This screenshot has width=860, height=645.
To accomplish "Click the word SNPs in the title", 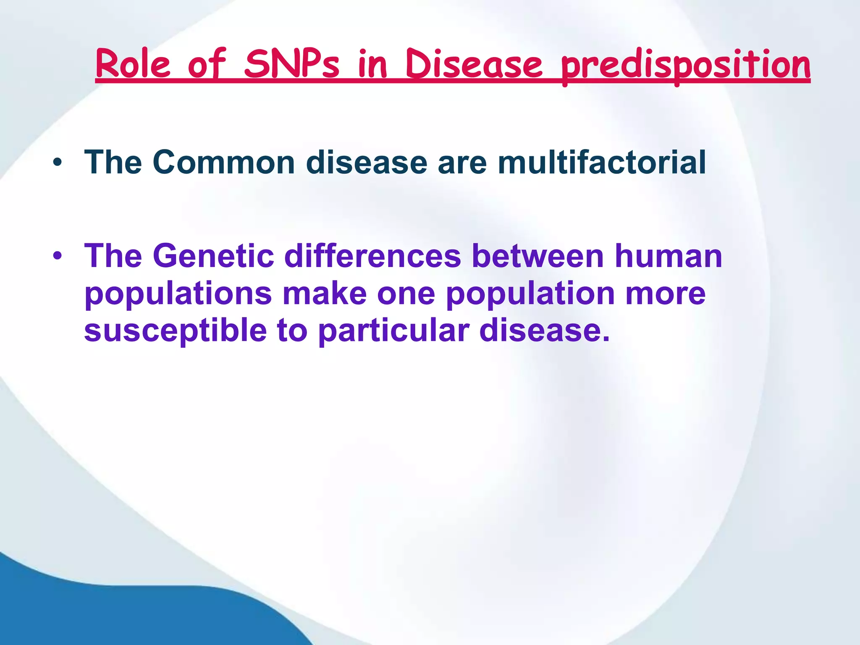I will pos(291,65).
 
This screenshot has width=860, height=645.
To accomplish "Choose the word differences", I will pos(373,256).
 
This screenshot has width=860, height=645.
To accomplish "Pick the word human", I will pos(669,256).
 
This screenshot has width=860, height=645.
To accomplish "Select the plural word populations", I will pos(178,294).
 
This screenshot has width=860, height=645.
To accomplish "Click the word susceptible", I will pos(175,330).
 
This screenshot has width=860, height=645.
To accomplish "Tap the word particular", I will pos(393,330).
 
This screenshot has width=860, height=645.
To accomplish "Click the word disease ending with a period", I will pos(544,330).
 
